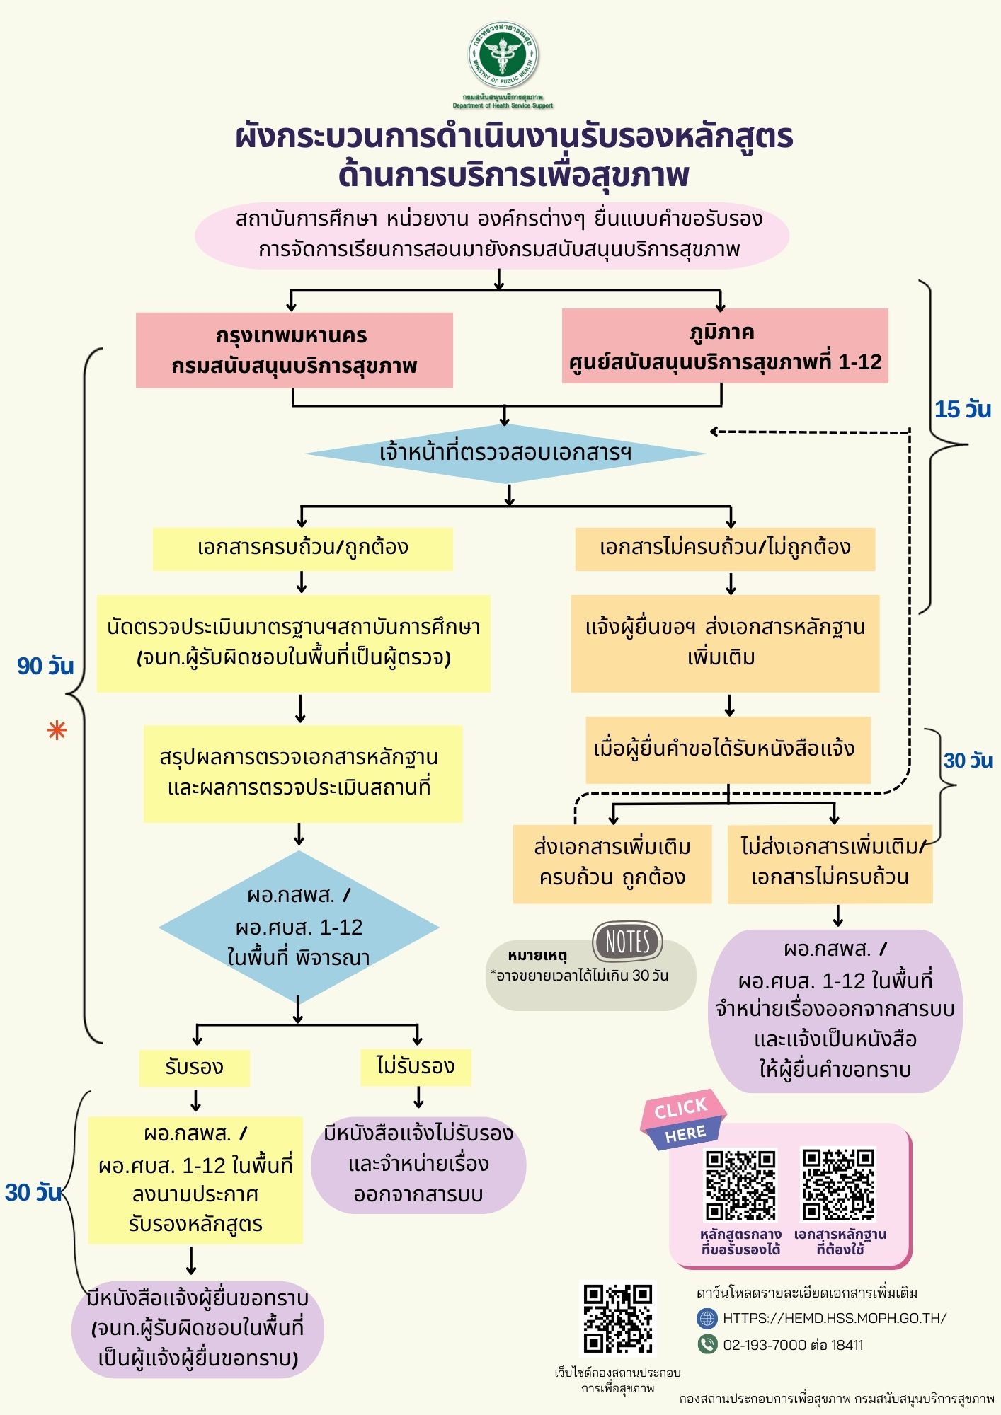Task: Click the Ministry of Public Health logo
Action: [x=503, y=57]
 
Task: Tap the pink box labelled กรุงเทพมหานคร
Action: [x=294, y=350]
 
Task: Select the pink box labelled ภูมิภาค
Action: [x=724, y=346]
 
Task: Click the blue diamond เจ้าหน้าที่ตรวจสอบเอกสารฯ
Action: [x=505, y=453]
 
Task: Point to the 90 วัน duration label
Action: [x=45, y=666]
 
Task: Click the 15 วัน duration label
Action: [x=962, y=410]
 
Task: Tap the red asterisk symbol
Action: [x=57, y=730]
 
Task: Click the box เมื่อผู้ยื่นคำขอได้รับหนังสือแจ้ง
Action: [x=727, y=749]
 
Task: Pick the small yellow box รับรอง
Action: [x=194, y=1067]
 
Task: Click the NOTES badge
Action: [x=627, y=942]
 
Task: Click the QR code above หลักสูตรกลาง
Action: [x=740, y=1184]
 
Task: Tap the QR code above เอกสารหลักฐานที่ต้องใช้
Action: [x=838, y=1184]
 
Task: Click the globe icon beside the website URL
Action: [x=707, y=1318]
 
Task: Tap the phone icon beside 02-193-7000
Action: [x=707, y=1344]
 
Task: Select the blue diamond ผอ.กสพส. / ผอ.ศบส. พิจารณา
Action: [x=299, y=928]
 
